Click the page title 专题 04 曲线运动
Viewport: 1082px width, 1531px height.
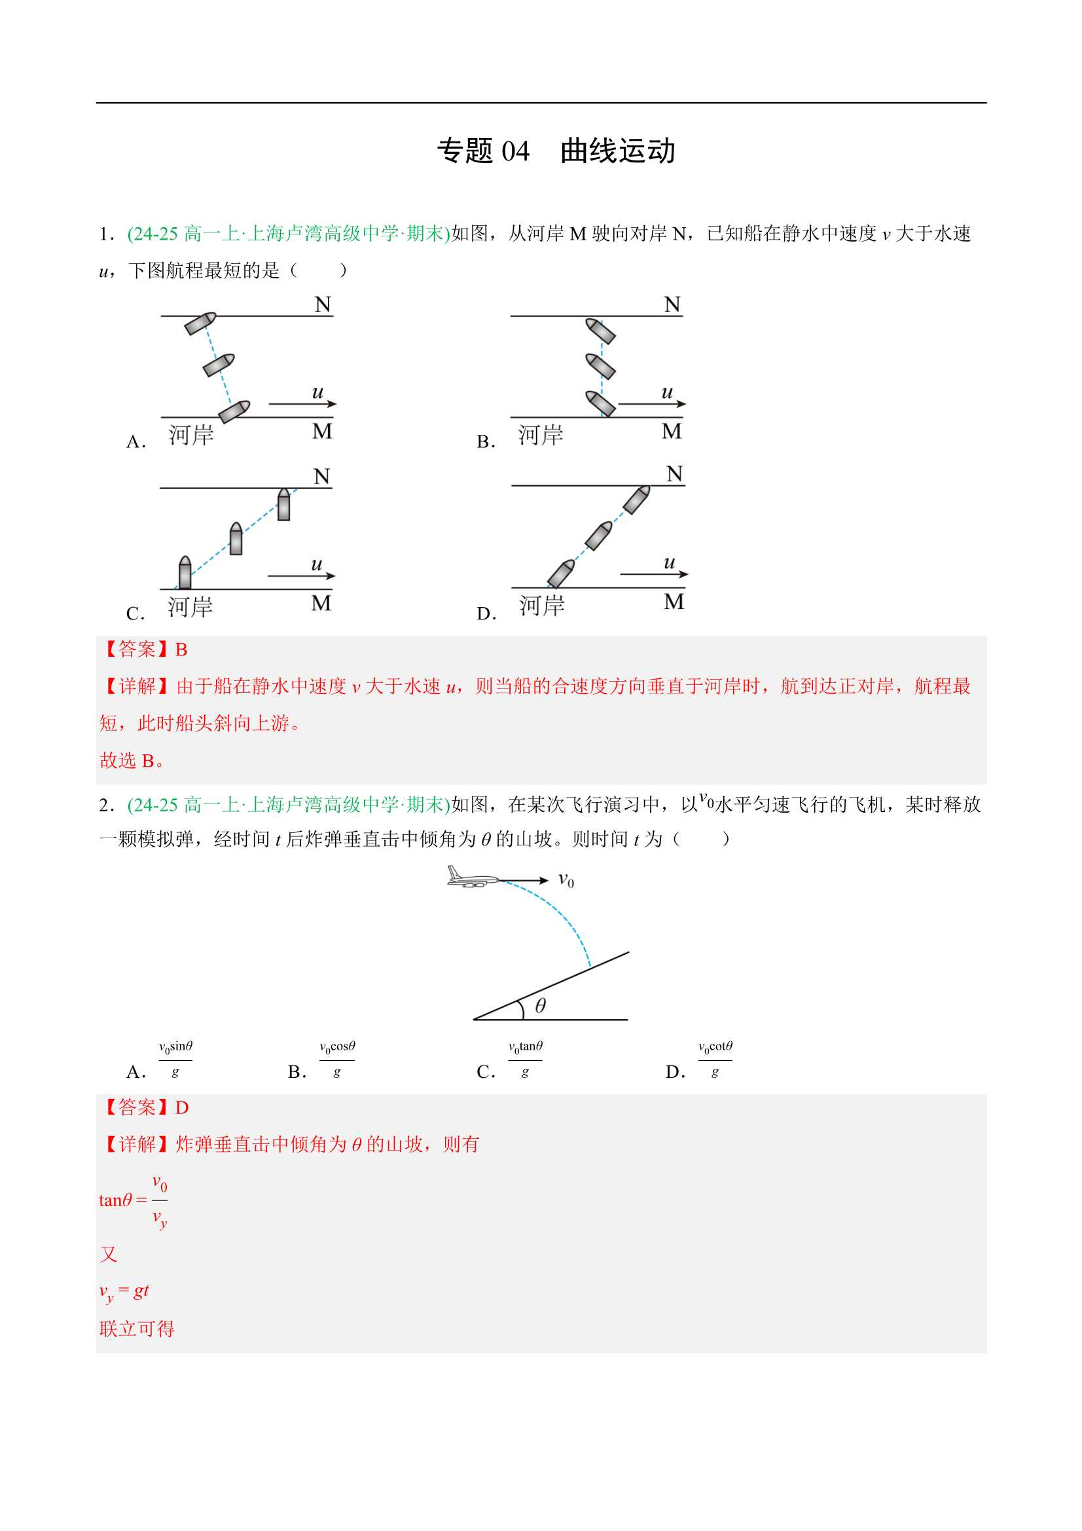tap(556, 151)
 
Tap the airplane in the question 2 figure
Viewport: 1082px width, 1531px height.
tap(473, 877)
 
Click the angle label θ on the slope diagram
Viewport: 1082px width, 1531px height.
tap(541, 1005)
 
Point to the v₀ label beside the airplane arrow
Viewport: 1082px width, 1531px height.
tap(566, 880)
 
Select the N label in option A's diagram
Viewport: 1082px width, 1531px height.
tap(323, 304)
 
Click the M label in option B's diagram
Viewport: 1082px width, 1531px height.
tap(672, 432)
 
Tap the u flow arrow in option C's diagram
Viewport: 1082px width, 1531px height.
tap(301, 575)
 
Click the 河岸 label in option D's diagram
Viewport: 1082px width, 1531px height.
tap(541, 606)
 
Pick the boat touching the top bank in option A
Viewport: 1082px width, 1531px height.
tap(200, 323)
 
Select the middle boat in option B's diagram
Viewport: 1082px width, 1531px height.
tap(600, 365)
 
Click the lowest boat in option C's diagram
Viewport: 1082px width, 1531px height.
tap(185, 573)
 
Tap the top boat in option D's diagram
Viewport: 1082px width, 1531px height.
tap(637, 500)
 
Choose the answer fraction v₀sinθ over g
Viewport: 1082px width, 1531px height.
tap(175, 1060)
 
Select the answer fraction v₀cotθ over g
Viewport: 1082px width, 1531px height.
tap(715, 1060)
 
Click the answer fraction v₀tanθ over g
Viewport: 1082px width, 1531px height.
tap(526, 1060)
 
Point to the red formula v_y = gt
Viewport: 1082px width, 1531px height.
tap(124, 1291)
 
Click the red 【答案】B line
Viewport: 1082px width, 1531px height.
tap(144, 650)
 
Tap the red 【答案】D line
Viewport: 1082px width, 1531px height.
tap(144, 1107)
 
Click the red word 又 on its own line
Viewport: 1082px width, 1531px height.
tap(109, 1254)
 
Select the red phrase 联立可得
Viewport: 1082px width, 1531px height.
tap(137, 1329)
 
